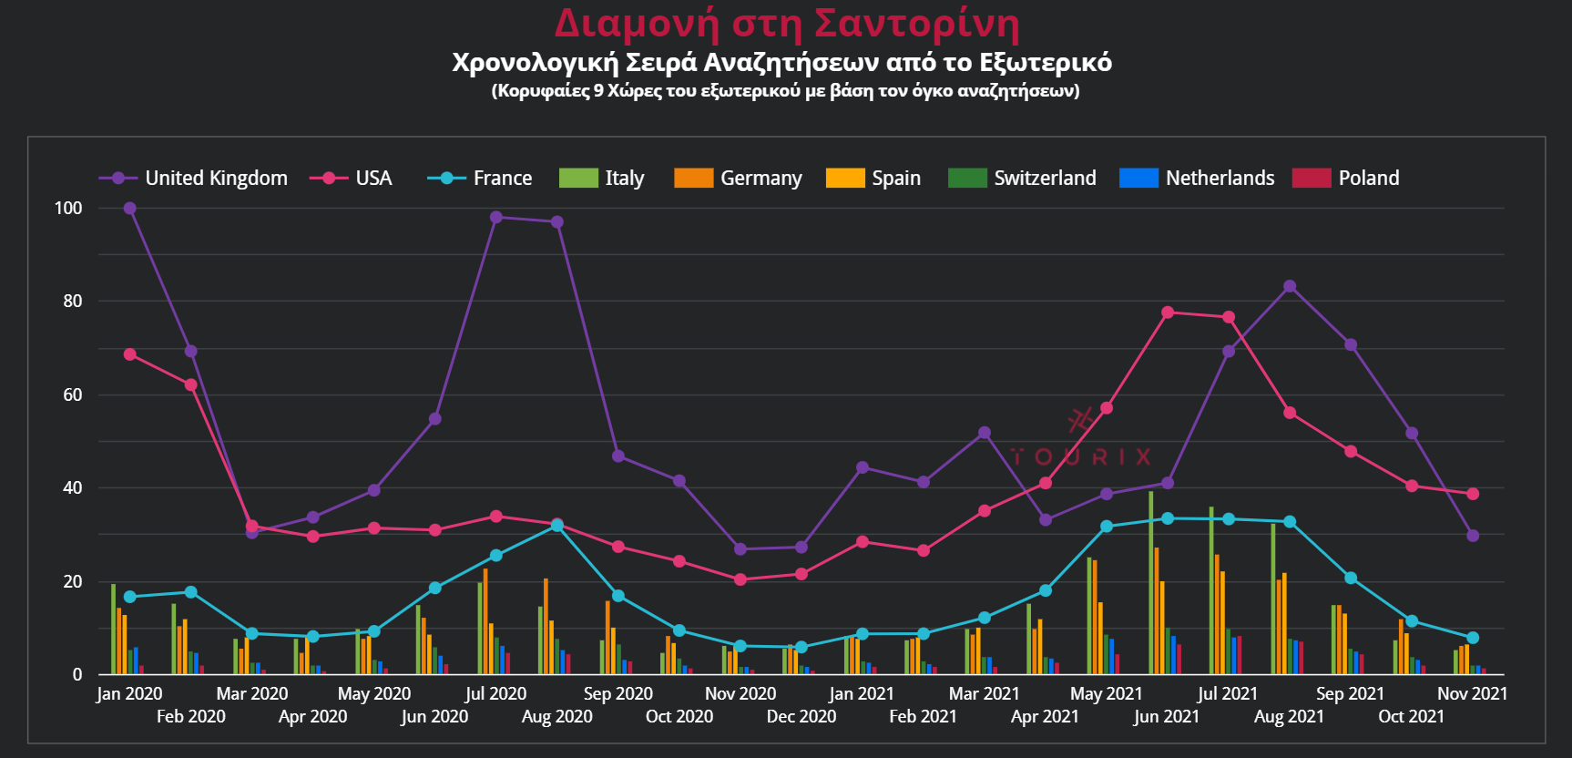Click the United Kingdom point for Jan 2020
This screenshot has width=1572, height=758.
click(130, 209)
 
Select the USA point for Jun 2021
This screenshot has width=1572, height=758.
click(1168, 312)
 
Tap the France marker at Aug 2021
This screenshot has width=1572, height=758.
click(1290, 522)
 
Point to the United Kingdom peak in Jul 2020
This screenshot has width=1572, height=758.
click(496, 218)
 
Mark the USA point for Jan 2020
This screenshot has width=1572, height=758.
click(130, 354)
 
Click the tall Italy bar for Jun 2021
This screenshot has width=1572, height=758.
click(1151, 583)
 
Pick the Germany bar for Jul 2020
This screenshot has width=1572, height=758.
click(485, 621)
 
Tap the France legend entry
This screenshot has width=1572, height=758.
click(480, 179)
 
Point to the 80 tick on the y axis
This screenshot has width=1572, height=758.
click(73, 302)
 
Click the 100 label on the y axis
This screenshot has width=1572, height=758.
click(68, 209)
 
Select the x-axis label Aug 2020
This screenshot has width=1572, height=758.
click(556, 717)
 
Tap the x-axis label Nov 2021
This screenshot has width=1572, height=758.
click(1472, 694)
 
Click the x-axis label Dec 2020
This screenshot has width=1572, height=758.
click(801, 717)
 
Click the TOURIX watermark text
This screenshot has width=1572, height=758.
click(1081, 456)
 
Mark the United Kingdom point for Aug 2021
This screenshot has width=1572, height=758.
click(1290, 287)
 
